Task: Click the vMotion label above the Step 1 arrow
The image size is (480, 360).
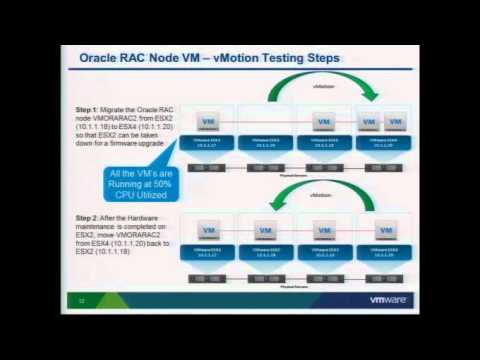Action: pos(323,87)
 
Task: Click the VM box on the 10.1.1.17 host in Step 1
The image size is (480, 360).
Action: pos(208,122)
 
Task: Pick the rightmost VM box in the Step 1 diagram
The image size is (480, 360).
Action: pos(395,122)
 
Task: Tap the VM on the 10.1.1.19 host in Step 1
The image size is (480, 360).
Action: pos(323,122)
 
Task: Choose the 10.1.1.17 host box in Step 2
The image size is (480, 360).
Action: pos(208,252)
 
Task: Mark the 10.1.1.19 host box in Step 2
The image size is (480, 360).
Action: pos(323,252)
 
